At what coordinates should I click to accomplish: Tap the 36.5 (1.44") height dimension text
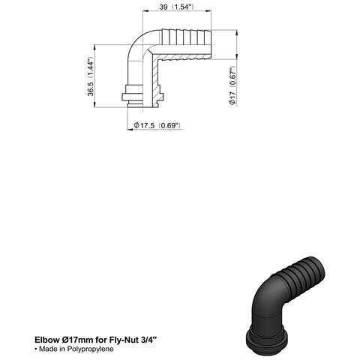pos(91,76)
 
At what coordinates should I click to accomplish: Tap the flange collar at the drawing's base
pos(143,96)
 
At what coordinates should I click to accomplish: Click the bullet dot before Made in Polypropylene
pos(35,350)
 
